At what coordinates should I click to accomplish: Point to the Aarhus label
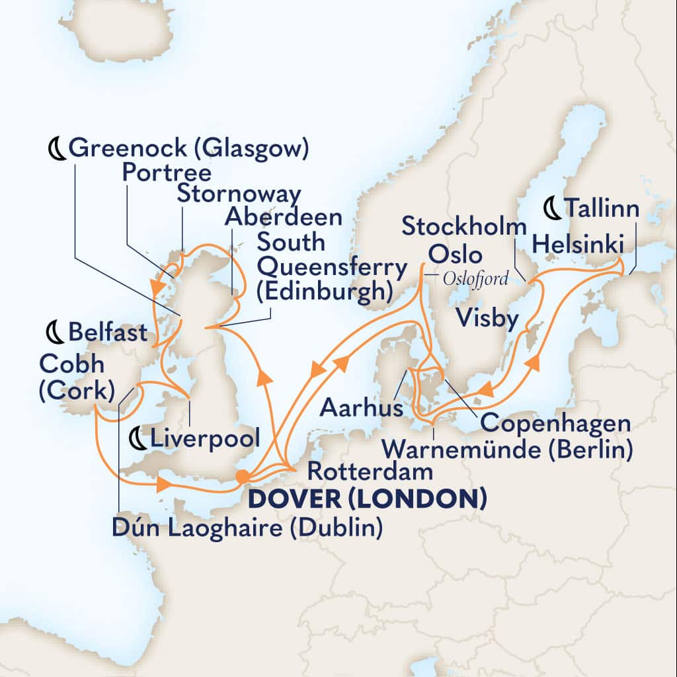(x=360, y=409)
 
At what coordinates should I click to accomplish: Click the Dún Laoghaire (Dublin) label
(x=249, y=528)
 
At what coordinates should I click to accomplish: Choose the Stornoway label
(x=239, y=194)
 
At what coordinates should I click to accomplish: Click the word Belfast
(x=107, y=333)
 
